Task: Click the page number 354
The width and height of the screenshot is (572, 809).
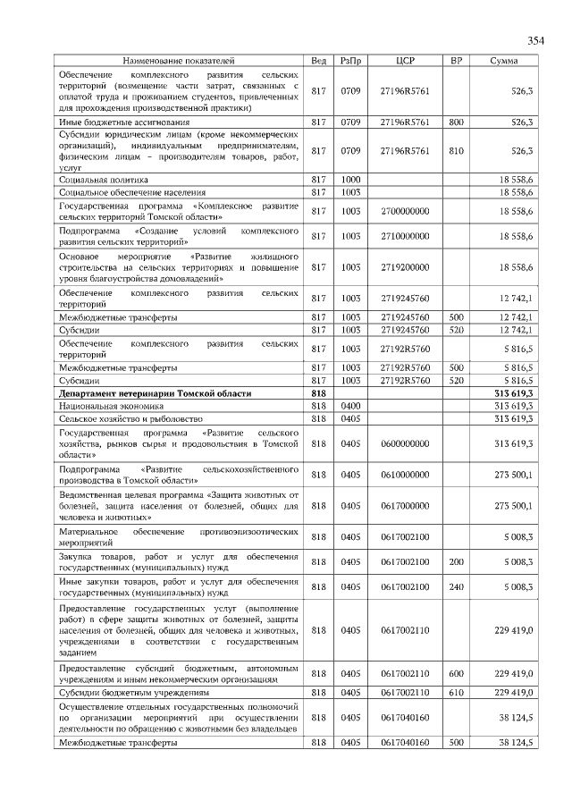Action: coord(534,39)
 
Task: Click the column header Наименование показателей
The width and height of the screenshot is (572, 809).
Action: coord(178,60)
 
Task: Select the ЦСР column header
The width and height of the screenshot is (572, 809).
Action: coord(405,60)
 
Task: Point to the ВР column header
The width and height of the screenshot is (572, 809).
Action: coord(456,60)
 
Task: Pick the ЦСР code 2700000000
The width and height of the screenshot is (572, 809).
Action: coord(405,211)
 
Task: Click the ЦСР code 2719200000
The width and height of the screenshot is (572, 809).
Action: coord(405,267)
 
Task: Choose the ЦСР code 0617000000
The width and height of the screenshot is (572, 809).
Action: coord(405,505)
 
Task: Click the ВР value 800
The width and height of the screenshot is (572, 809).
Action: coord(456,121)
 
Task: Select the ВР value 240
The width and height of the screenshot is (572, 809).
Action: coord(456,586)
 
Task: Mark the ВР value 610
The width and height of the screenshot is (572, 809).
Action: coord(456,692)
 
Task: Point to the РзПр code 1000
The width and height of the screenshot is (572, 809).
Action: coord(350,180)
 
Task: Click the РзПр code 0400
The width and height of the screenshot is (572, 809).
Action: coord(350,406)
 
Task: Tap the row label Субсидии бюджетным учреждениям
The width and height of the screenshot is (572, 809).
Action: coord(134,692)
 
